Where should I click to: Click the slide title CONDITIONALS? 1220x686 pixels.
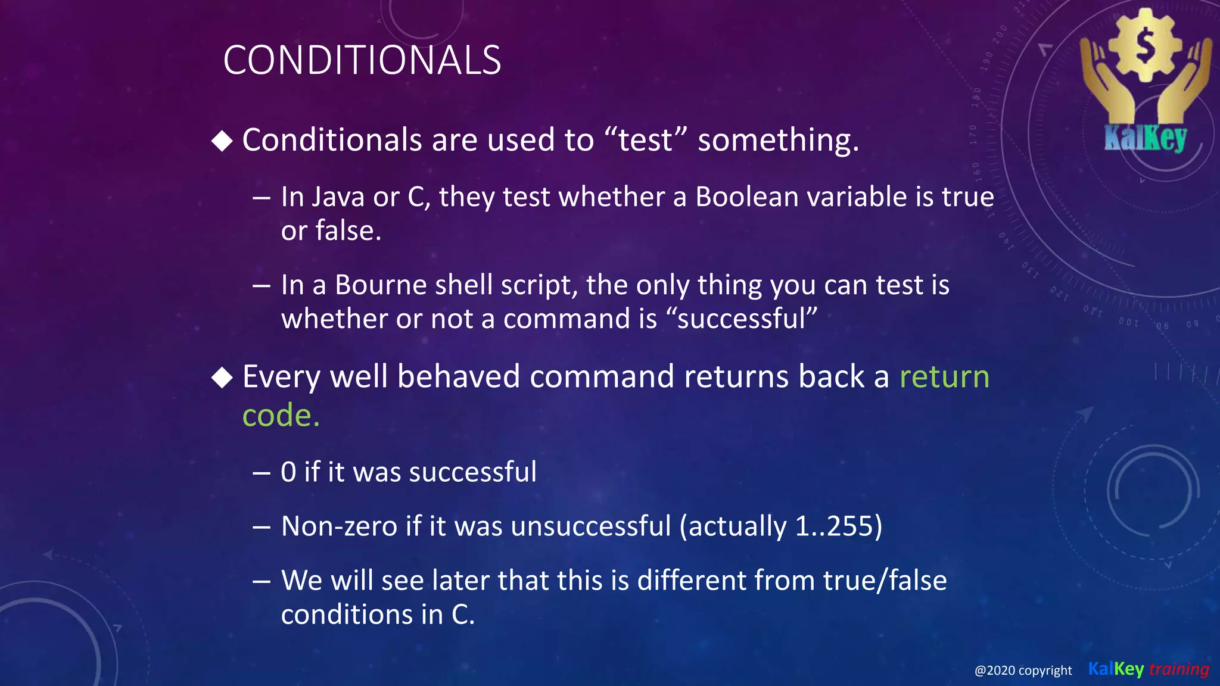click(x=362, y=61)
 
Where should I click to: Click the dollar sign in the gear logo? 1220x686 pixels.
click(x=1145, y=46)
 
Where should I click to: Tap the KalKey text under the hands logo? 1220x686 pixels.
click(x=1145, y=138)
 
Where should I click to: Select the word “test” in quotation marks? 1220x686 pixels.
click(x=645, y=141)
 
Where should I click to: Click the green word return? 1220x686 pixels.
click(x=944, y=377)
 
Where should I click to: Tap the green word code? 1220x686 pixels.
click(x=281, y=415)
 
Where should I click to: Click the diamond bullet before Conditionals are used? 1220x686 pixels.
click(x=222, y=141)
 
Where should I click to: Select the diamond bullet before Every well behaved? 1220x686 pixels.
click(x=222, y=378)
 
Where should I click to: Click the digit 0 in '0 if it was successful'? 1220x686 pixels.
click(x=288, y=472)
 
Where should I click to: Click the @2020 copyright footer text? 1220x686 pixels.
click(x=1023, y=671)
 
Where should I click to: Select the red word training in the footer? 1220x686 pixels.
click(x=1179, y=669)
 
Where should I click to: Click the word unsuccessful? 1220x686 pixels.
click(x=590, y=526)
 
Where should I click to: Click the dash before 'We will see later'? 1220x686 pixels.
click(x=262, y=581)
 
